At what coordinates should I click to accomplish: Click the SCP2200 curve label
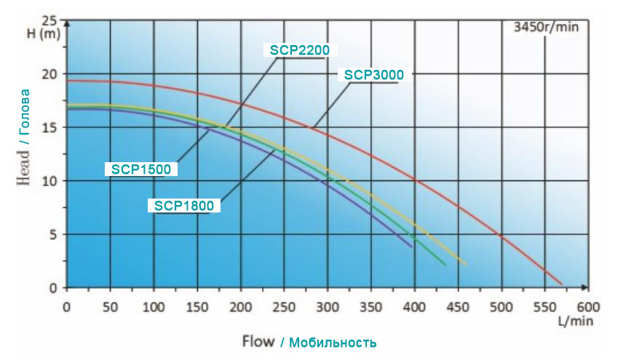coord(300,50)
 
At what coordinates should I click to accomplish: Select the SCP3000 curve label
coord(373,74)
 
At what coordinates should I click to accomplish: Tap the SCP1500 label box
coord(140,169)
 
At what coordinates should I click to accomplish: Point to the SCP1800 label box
coord(184,206)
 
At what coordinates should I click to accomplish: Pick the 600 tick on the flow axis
coord(587,307)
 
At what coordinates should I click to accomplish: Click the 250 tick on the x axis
coord(283,307)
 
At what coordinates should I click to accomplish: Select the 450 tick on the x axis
coord(458,307)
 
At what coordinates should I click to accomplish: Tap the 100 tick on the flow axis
coord(154,307)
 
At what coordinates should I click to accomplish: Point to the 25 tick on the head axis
coord(50,20)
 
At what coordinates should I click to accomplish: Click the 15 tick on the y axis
coord(50,127)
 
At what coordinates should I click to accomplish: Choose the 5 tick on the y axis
coord(53,234)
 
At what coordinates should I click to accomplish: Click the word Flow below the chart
coord(258,341)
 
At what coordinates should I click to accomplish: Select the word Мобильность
coord(332,342)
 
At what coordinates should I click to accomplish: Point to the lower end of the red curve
coord(561,284)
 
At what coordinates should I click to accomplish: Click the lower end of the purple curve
coord(412,247)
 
